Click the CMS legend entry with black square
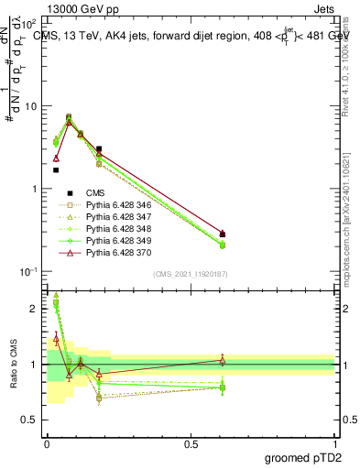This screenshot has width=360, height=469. (95, 193)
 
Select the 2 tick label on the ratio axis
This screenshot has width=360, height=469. (33, 309)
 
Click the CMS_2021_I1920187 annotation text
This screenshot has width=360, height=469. (191, 274)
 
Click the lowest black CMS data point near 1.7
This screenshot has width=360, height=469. (56, 170)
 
